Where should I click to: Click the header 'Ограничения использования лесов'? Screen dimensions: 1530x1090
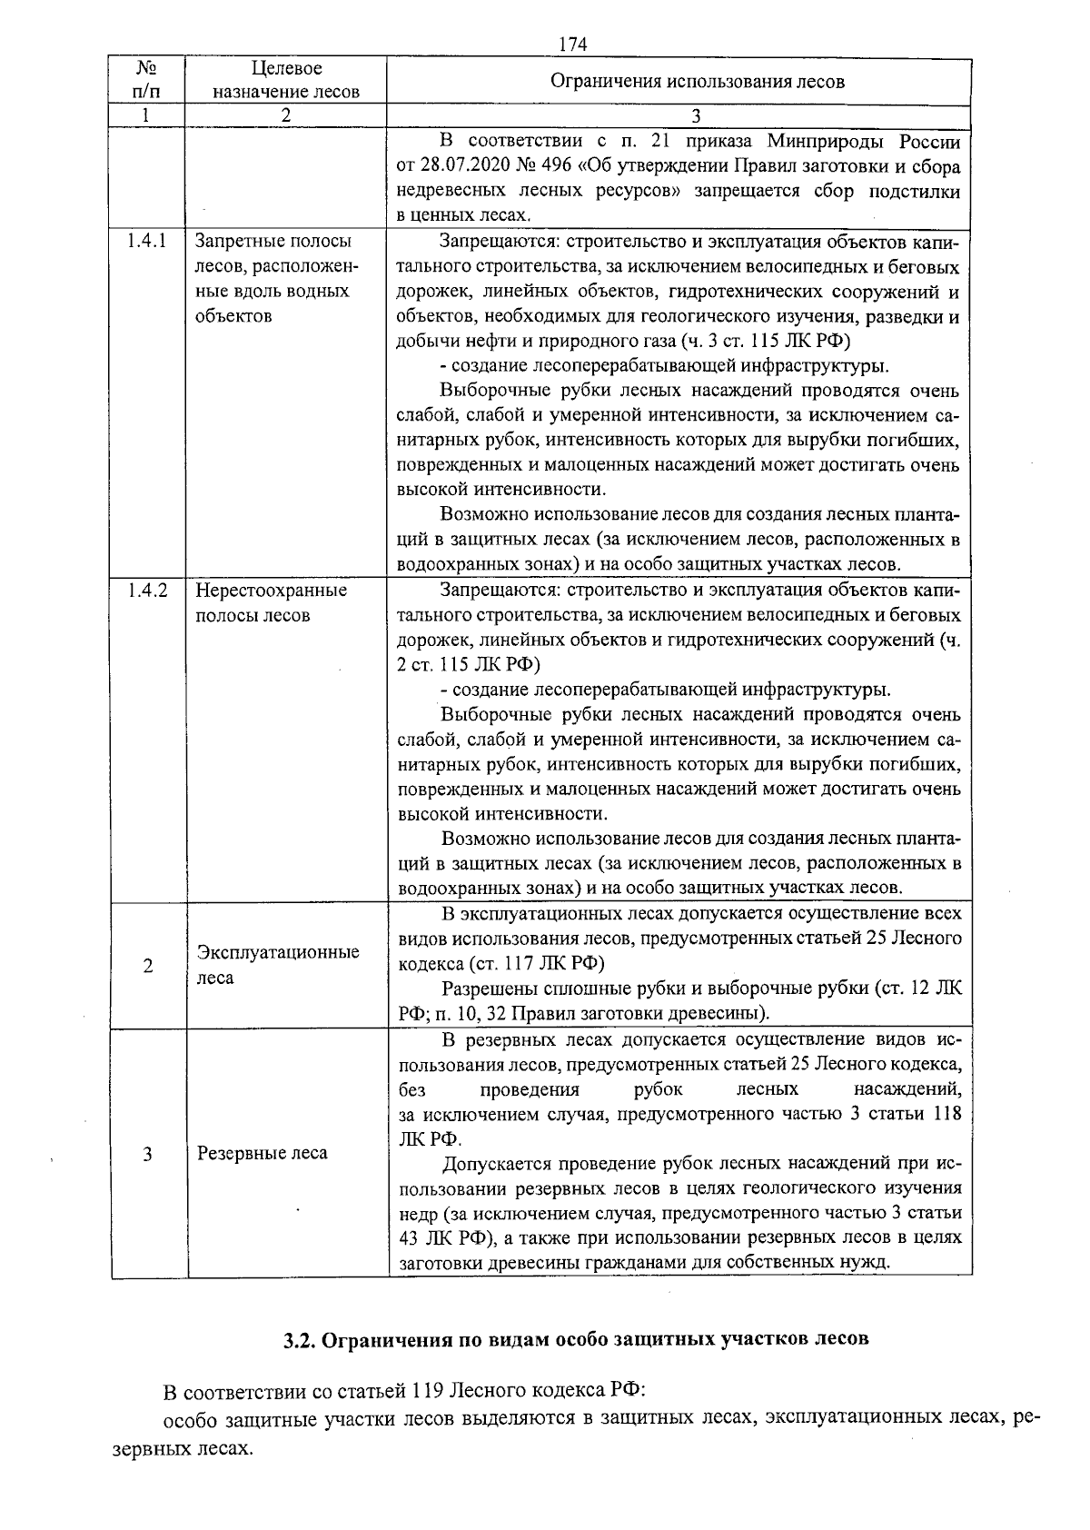pos(697,81)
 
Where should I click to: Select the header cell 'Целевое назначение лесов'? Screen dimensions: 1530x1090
pos(286,80)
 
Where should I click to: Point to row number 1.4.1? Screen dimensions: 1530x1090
pos(146,242)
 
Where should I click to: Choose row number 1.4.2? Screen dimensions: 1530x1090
pos(146,590)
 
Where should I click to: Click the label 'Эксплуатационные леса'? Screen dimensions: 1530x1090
pos(278,965)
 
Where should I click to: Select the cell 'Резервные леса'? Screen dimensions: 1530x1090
pos(263,1153)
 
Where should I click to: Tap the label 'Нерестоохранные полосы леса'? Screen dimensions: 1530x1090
pos(271,602)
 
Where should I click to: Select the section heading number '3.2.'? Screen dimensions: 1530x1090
pos(298,1340)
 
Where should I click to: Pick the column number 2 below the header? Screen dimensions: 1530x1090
pos(285,115)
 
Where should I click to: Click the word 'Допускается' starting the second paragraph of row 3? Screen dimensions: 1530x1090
pos(496,1164)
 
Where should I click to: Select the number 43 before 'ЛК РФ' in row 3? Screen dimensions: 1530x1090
pos(409,1237)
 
